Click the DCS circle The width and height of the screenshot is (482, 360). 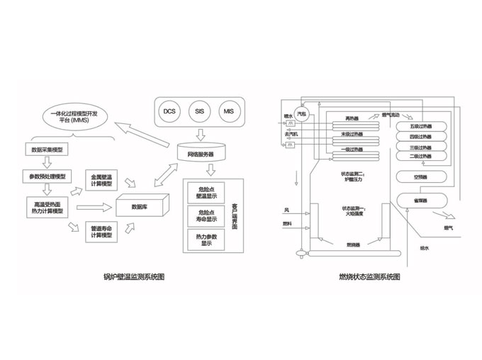coord(169,111)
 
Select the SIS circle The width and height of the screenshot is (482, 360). coord(198,111)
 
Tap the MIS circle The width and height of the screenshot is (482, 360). coord(228,111)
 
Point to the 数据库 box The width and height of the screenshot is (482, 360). coord(140,207)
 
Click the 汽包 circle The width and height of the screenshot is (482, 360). coord(303,112)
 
